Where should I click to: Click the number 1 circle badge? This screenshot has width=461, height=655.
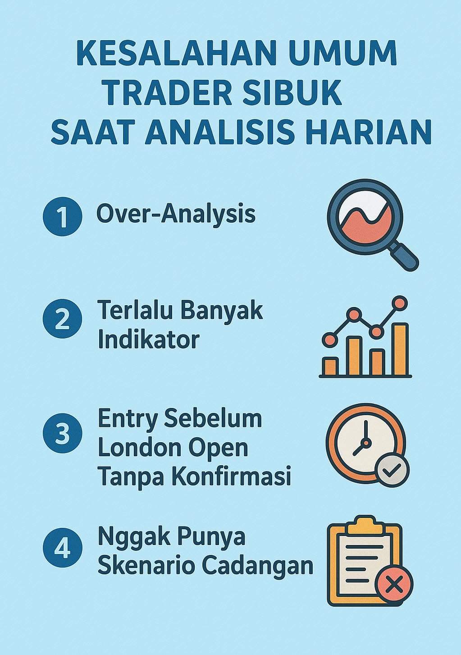62,216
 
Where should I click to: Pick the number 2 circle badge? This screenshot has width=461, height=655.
62,319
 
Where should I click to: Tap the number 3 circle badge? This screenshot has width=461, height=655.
62,434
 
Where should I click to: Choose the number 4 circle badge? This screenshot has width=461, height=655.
62,548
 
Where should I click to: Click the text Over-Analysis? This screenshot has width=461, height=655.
176,214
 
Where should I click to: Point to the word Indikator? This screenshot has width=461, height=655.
148,339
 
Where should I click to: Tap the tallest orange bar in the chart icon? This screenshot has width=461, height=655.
400,349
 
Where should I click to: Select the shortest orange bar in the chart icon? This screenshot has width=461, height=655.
330,366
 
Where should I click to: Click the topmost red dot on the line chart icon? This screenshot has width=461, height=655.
399,303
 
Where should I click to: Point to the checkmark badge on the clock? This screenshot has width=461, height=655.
392,470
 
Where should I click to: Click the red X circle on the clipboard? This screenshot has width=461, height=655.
394,585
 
